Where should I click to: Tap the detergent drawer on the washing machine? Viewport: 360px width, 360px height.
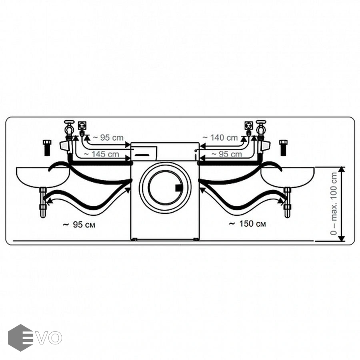[x=144, y=152]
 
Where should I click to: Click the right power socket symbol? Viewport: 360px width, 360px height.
[x=248, y=126]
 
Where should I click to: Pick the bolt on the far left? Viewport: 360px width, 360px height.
[x=46, y=147]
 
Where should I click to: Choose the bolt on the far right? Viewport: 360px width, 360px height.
[x=283, y=147]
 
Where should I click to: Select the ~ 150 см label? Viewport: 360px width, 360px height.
[x=247, y=224]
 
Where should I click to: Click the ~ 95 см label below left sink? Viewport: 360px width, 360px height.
[x=79, y=224]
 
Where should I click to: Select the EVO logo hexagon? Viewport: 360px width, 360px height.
[x=20, y=338]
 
